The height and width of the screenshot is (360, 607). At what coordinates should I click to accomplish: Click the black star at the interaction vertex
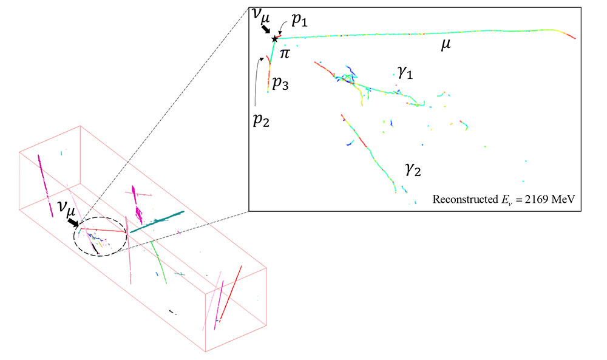[275, 39]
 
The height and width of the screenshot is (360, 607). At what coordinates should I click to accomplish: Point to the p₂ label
[261, 115]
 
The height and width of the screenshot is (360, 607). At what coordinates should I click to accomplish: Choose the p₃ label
[279, 84]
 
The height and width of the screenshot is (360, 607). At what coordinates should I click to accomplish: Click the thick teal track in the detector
[157, 222]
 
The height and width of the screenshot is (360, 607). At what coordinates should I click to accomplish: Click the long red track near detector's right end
[231, 291]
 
